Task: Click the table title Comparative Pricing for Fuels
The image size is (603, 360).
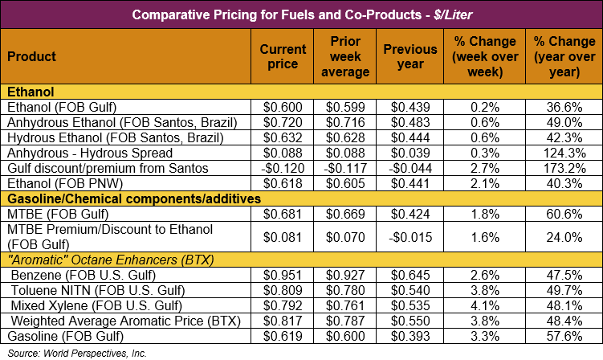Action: (x=301, y=14)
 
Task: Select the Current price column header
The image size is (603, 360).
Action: (x=283, y=56)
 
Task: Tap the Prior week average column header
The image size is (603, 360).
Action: (x=350, y=56)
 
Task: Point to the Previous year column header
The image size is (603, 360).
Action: (x=410, y=56)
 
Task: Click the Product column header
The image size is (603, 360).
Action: (x=32, y=56)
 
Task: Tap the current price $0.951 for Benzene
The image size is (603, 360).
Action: (x=283, y=275)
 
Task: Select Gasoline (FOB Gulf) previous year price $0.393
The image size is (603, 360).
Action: (x=410, y=336)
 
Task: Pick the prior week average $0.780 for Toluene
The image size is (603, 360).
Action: (x=350, y=290)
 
